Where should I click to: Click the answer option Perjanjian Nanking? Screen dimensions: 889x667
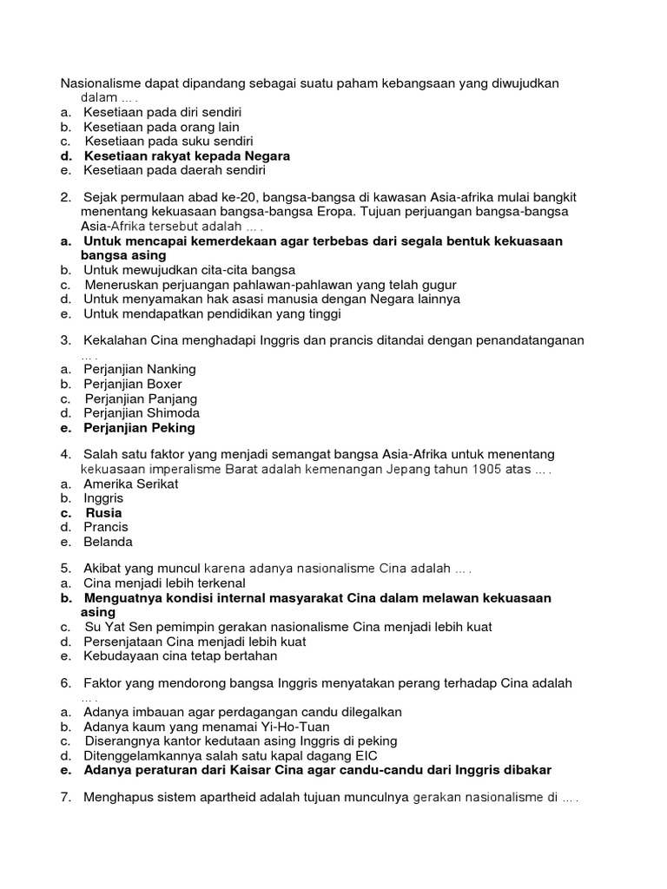pos(139,369)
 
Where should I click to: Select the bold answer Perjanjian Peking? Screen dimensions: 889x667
pos(139,428)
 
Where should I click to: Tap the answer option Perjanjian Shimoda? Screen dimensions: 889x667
pos(142,413)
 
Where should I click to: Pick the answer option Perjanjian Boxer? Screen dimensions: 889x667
pos(132,384)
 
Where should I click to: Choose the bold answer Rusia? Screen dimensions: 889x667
pos(103,513)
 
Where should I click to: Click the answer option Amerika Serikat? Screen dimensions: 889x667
pos(130,484)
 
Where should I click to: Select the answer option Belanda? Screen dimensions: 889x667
pos(108,542)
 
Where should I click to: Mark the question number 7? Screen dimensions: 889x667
pos(65,797)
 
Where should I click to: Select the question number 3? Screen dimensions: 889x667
pos(65,339)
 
